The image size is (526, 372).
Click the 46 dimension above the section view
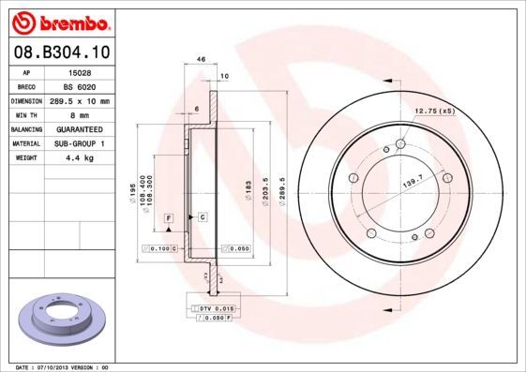tap(201, 59)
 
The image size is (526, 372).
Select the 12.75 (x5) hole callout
tap(433, 112)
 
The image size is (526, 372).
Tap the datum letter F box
tap(169, 217)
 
